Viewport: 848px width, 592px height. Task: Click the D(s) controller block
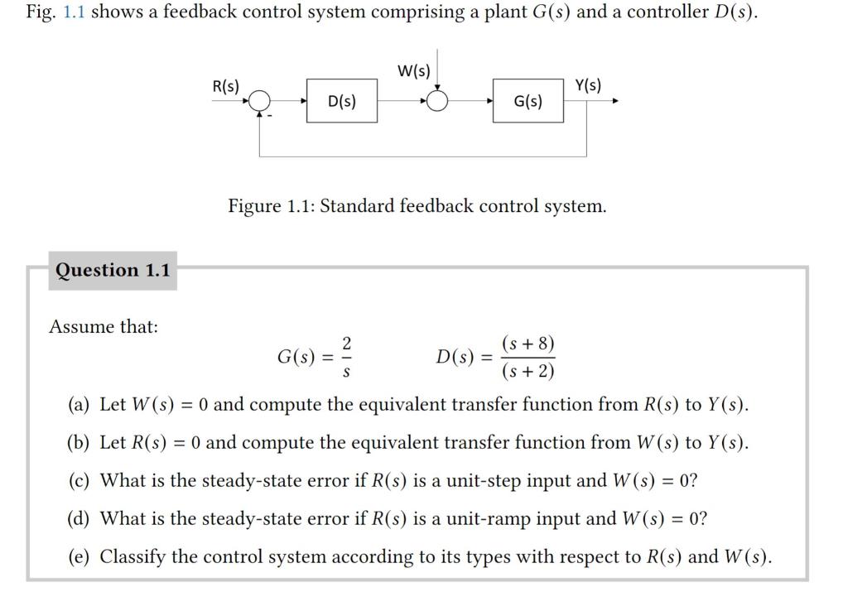[342, 101]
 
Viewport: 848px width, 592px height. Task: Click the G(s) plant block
[528, 101]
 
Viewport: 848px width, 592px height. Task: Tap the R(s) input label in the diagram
[225, 86]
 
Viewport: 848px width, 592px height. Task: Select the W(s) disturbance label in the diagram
[414, 70]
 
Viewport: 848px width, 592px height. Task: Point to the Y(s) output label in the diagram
[588, 85]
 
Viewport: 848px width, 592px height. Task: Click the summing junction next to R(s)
[260, 101]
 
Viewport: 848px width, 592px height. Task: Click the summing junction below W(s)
[438, 101]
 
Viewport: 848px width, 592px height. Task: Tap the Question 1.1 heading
[113, 270]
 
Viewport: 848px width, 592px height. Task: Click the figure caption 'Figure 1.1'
[417, 205]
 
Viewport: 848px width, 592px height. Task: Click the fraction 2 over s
[347, 359]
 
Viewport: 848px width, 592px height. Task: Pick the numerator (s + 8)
[528, 344]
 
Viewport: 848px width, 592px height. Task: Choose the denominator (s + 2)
[528, 372]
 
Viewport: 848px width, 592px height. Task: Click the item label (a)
[79, 405]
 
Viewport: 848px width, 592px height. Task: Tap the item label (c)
[79, 481]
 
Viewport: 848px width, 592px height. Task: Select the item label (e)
[79, 556]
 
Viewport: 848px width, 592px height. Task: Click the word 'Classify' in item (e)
[133, 556]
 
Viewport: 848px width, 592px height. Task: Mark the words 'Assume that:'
[104, 326]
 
